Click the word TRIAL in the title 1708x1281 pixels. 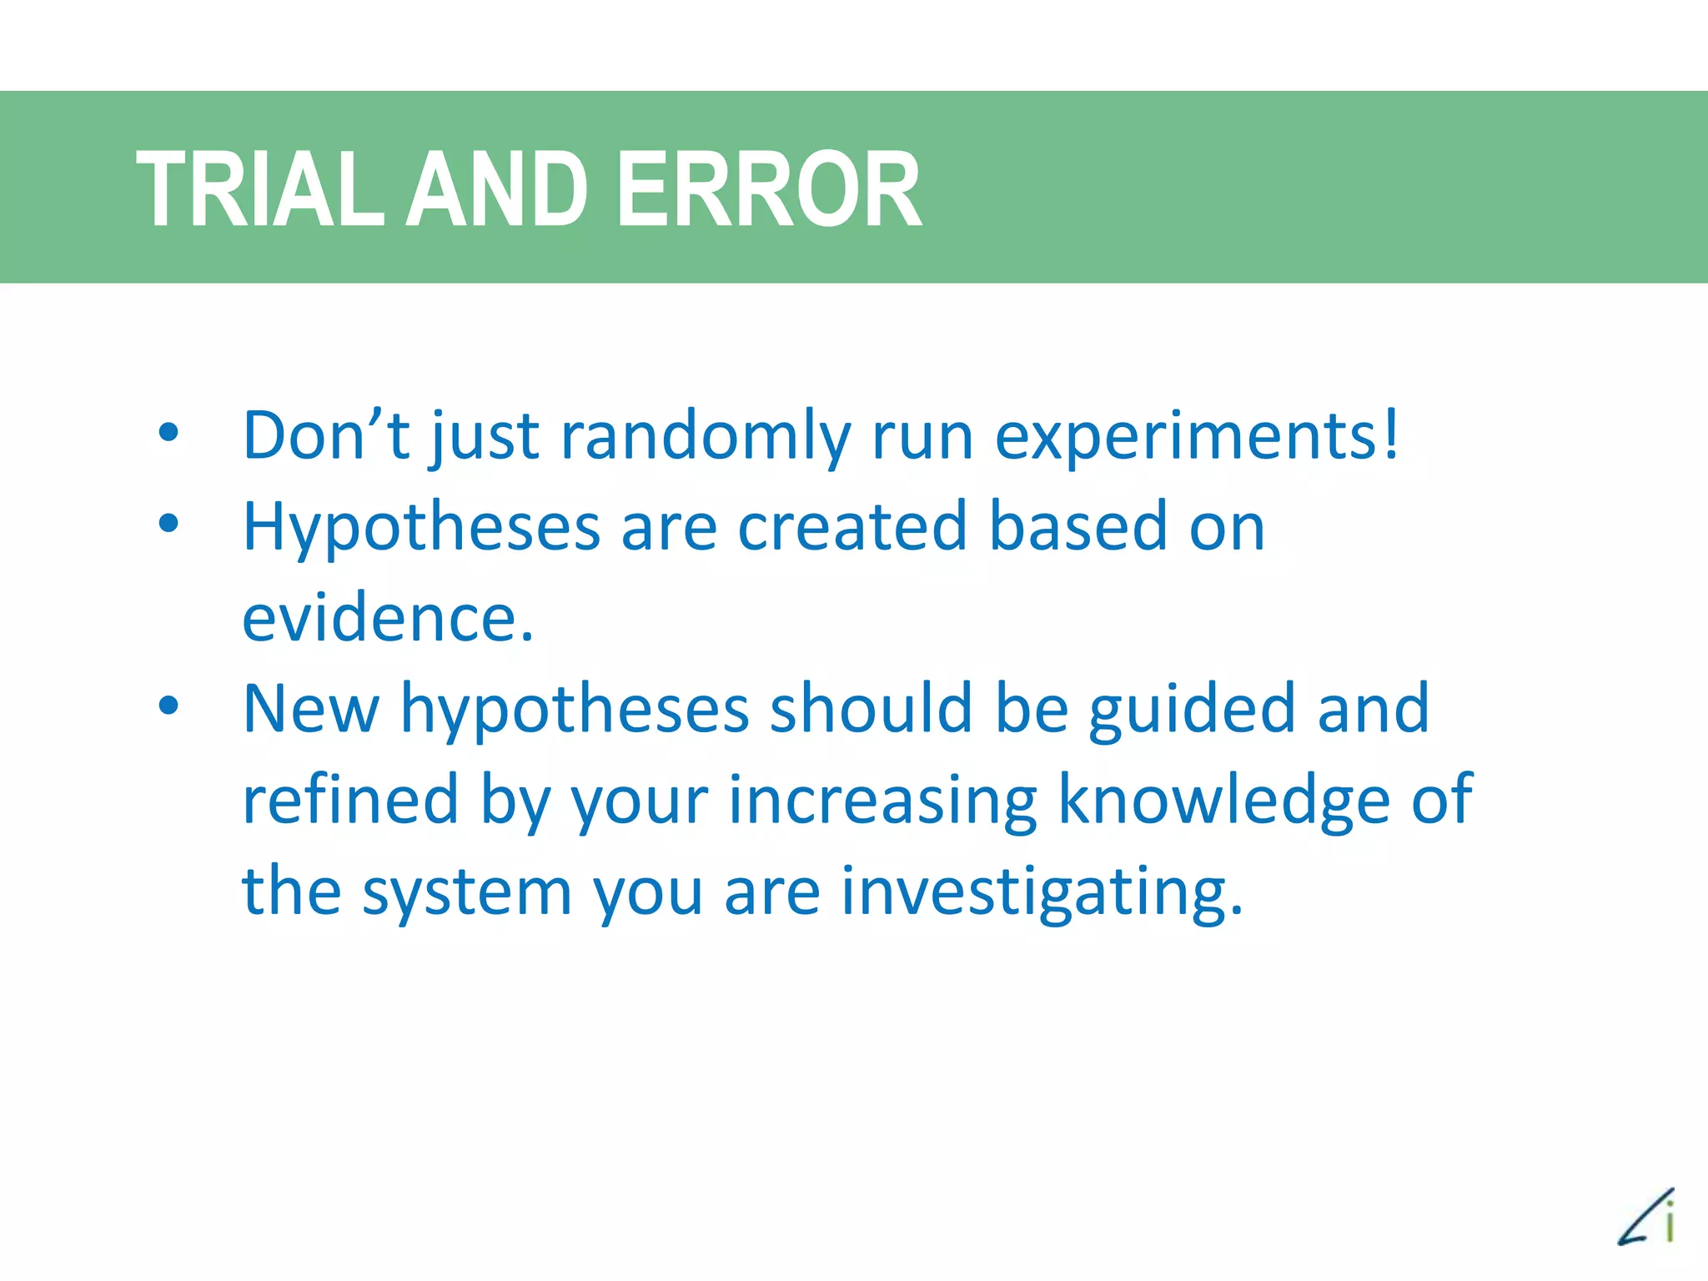pos(259,189)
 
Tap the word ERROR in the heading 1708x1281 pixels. pos(769,189)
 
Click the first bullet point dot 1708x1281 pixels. pos(168,433)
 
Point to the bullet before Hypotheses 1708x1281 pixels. pos(168,524)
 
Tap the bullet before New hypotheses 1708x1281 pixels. pos(168,706)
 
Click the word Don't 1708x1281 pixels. pos(326,435)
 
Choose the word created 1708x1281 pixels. pos(851,527)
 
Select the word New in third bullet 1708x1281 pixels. pos(311,709)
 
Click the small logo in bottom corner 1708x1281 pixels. pos(1646,1217)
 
